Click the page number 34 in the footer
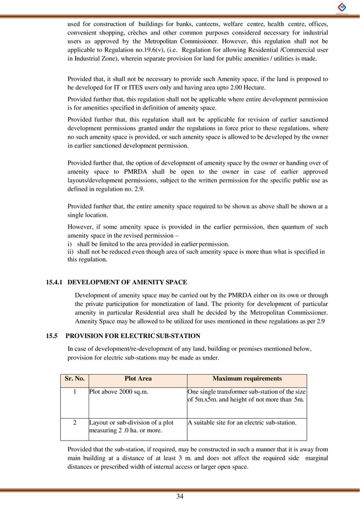pyautogui.click(x=180, y=496)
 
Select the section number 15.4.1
pyautogui.click(x=55, y=282)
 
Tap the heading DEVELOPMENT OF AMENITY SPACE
pyautogui.click(x=127, y=282)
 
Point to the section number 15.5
pyautogui.click(x=52, y=337)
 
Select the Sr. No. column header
pyautogui.click(x=74, y=379)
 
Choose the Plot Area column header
pyautogui.click(x=138, y=379)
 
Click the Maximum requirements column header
pyautogui.click(x=247, y=379)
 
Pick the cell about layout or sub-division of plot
pyautogui.click(x=131, y=427)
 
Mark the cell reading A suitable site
pyautogui.click(x=238, y=422)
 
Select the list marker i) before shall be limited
pyautogui.click(x=70, y=244)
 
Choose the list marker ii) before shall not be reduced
pyautogui.click(x=71, y=252)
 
